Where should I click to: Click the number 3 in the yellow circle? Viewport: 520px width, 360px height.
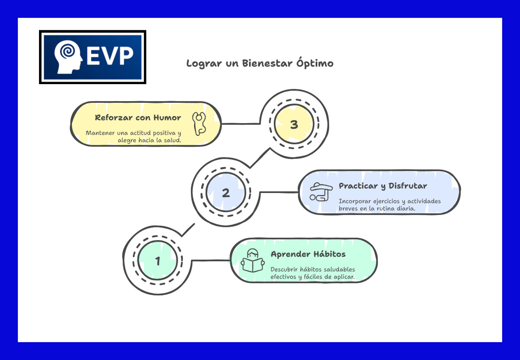click(x=294, y=125)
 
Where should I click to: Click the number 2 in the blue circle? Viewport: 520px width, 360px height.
click(x=226, y=193)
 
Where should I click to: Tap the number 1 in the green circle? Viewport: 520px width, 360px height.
click(x=158, y=261)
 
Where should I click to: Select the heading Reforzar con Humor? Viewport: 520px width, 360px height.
click(x=138, y=118)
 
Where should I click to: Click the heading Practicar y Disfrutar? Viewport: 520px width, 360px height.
click(x=383, y=186)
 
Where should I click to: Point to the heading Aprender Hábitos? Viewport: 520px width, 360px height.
click(x=308, y=254)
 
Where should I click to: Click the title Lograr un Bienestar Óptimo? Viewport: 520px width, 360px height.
click(x=260, y=63)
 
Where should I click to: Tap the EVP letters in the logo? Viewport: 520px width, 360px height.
click(x=110, y=57)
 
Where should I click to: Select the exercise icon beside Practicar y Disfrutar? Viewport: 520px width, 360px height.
click(x=320, y=192)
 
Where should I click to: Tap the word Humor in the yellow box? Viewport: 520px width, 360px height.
click(x=167, y=118)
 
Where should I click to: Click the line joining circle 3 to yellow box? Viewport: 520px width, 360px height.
click(x=240, y=124)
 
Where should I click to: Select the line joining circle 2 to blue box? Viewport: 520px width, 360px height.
click(x=279, y=192)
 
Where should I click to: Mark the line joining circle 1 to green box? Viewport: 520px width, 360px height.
click(x=210, y=261)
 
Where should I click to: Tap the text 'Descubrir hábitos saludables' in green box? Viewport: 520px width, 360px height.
click(x=312, y=269)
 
